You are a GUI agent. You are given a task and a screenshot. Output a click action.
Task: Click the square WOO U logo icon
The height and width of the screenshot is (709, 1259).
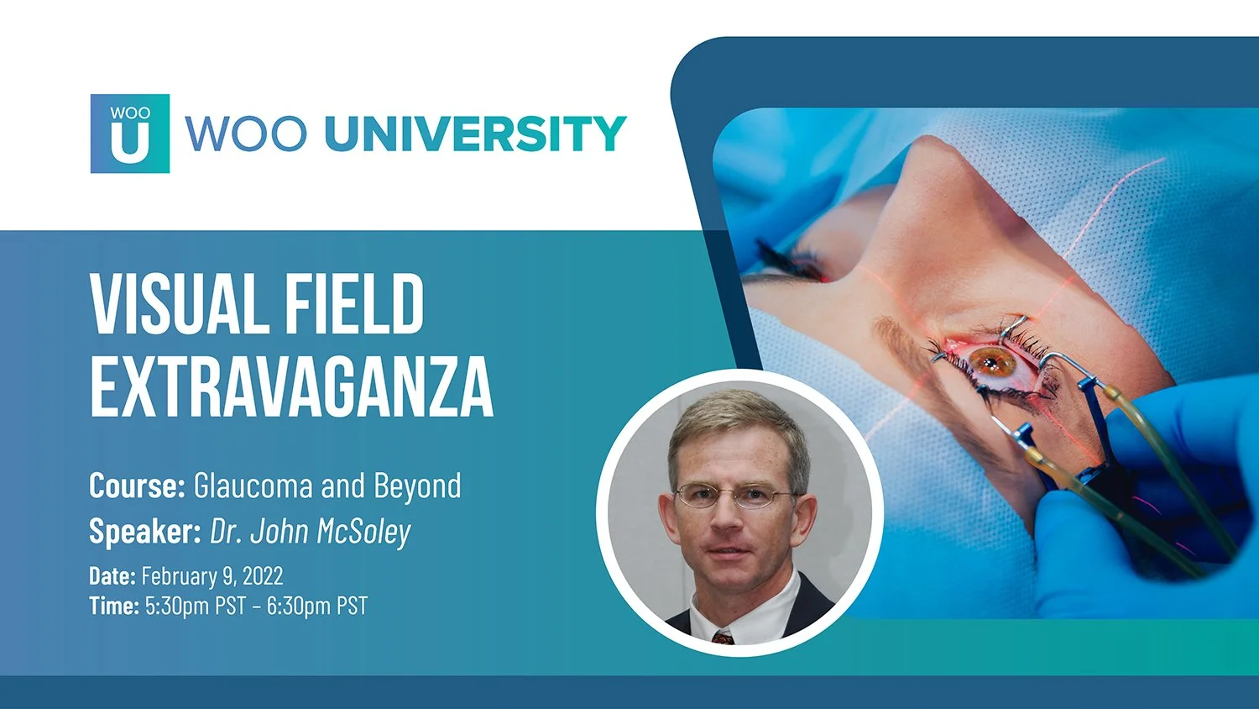130,134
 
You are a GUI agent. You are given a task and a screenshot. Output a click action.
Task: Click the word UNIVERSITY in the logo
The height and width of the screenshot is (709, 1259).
475,134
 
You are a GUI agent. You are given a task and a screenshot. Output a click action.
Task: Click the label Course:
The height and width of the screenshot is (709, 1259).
137,486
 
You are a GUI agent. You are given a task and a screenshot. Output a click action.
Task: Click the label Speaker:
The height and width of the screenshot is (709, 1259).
144,531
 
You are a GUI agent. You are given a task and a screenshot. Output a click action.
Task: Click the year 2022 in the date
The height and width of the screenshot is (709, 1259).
263,576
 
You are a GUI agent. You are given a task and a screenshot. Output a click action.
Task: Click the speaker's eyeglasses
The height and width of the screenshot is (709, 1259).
733,496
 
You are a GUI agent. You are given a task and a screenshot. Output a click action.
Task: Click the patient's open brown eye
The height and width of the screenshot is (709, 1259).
991,362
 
